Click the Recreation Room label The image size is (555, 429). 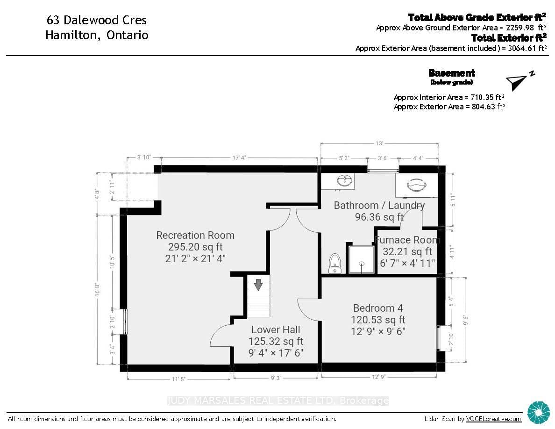point(195,236)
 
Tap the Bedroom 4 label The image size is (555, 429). point(378,308)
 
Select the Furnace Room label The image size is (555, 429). point(407,240)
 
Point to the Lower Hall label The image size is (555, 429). point(276,329)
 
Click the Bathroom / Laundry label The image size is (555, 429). point(379,205)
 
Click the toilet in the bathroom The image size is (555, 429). point(334,264)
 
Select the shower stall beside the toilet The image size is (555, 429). point(362,259)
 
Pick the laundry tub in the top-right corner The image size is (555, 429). point(417,185)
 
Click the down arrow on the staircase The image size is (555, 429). point(258,285)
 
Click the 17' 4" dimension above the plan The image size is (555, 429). point(239,157)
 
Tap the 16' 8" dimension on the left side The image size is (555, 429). point(97,289)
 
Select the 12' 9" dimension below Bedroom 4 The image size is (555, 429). point(378,377)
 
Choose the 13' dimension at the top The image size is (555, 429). point(379,143)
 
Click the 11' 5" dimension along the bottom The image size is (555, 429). point(178,379)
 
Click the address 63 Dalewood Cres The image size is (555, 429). point(97,20)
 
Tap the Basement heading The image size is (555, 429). point(452,73)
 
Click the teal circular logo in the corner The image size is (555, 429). point(539,413)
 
